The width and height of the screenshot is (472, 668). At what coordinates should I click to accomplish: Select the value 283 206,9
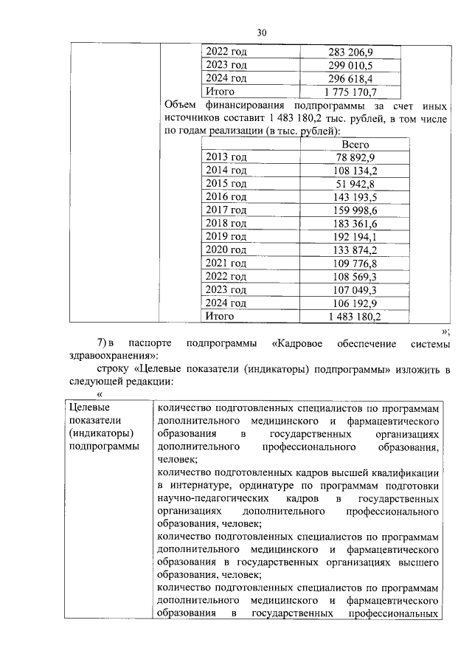click(350, 52)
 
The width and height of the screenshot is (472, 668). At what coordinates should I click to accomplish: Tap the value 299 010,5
click(350, 65)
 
